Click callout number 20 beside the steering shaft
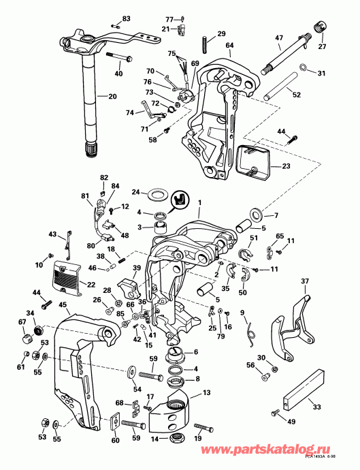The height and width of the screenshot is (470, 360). click(112, 96)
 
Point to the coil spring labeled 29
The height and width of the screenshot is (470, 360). click(203, 42)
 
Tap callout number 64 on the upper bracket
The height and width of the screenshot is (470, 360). click(229, 46)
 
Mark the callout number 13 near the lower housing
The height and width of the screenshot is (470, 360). click(207, 393)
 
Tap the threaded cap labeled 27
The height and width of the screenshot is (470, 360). click(316, 28)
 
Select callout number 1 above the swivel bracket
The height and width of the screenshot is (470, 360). click(199, 202)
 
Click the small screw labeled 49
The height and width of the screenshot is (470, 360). click(276, 413)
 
